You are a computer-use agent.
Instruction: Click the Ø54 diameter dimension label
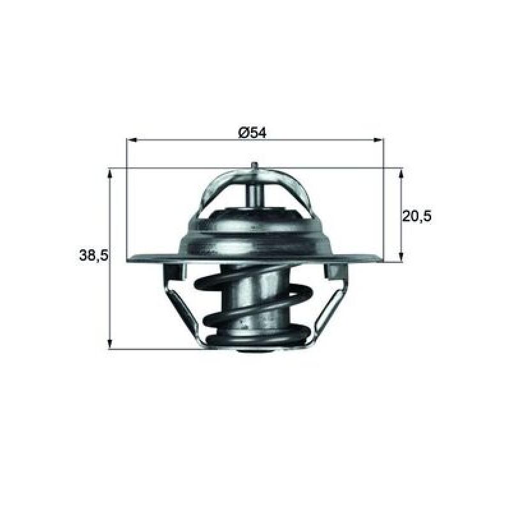(252, 133)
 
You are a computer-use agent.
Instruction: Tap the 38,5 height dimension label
(93, 255)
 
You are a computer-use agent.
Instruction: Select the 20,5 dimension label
(417, 216)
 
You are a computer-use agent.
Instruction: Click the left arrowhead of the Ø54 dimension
(132, 140)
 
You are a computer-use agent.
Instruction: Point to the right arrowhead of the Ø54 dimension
(378, 140)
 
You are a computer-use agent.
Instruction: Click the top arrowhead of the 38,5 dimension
(110, 173)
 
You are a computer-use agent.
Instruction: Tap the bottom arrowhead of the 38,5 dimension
(110, 344)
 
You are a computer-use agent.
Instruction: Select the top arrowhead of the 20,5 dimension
(401, 173)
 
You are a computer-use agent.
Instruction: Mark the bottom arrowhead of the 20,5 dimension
(401, 257)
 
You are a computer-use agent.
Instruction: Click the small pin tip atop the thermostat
(255, 165)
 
